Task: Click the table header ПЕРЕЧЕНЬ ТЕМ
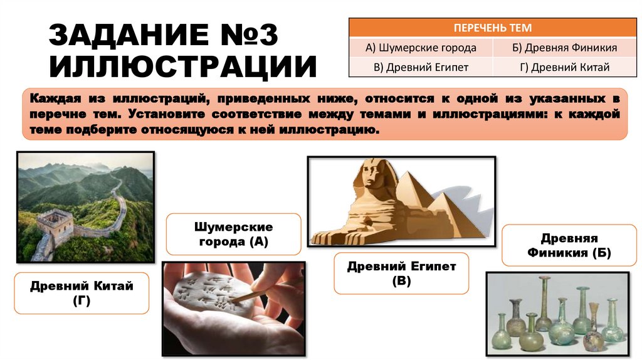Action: [492, 28]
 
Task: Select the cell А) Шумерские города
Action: [421, 48]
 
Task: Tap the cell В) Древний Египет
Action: [421, 67]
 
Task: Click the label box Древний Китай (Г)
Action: [82, 293]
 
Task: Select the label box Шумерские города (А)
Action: [233, 233]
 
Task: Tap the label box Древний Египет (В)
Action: [401, 273]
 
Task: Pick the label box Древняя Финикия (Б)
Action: [569, 246]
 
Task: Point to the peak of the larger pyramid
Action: [413, 172]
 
